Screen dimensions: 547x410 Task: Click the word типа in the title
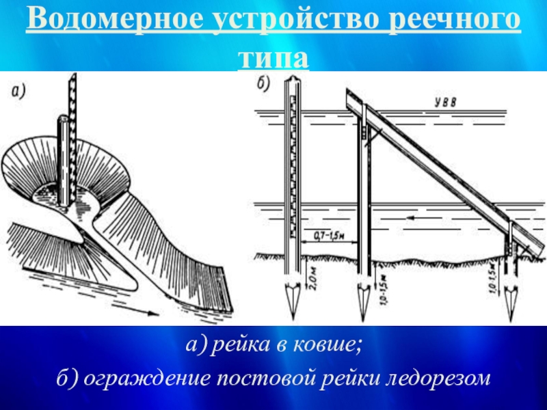click(273, 57)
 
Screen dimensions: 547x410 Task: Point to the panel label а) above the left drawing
click(18, 91)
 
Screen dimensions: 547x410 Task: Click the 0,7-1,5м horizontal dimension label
click(329, 234)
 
